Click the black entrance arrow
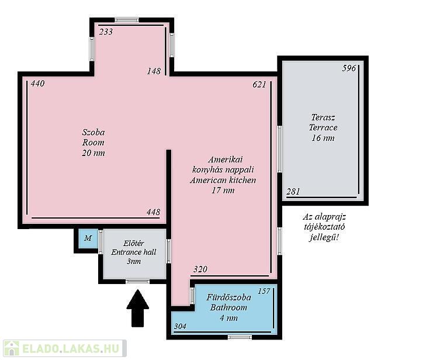pos(138,309)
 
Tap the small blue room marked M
pos(88,238)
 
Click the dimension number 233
pos(106,32)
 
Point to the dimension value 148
pos(154,71)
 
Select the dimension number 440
pos(37,84)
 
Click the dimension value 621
pos(259,85)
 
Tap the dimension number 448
pos(153,212)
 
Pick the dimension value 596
pos(349,68)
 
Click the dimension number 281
pos(293,192)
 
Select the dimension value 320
pos(200,269)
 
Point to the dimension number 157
pos(264,291)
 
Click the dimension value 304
pos(180,326)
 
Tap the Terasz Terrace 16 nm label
pos(323,127)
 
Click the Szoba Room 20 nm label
pos(93,143)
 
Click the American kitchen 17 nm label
pos(223,175)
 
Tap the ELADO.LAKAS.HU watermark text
pos(71,348)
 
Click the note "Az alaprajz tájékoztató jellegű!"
pos(324,227)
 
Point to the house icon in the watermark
pos(11,348)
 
